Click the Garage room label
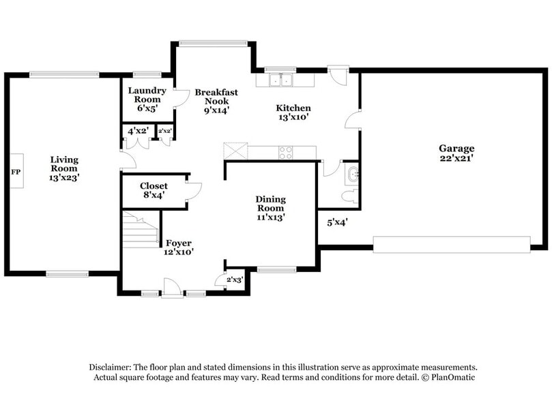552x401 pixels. pos(456,153)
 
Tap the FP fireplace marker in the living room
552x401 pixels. pos(15,171)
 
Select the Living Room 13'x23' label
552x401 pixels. pos(64,168)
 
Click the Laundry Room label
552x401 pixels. pos(147,99)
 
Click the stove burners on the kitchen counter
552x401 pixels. pos(286,152)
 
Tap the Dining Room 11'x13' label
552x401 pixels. pos(270,208)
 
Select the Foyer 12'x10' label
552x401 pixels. pos(179,247)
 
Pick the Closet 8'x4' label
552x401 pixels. pos(154,190)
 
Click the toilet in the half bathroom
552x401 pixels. pos(349,196)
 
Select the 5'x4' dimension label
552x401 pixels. pos(338,222)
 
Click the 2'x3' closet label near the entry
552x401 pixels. pos(234,280)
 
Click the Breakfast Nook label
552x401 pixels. pos(216,100)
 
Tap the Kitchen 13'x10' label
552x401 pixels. pos(293,112)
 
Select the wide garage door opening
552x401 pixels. pos(451,244)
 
